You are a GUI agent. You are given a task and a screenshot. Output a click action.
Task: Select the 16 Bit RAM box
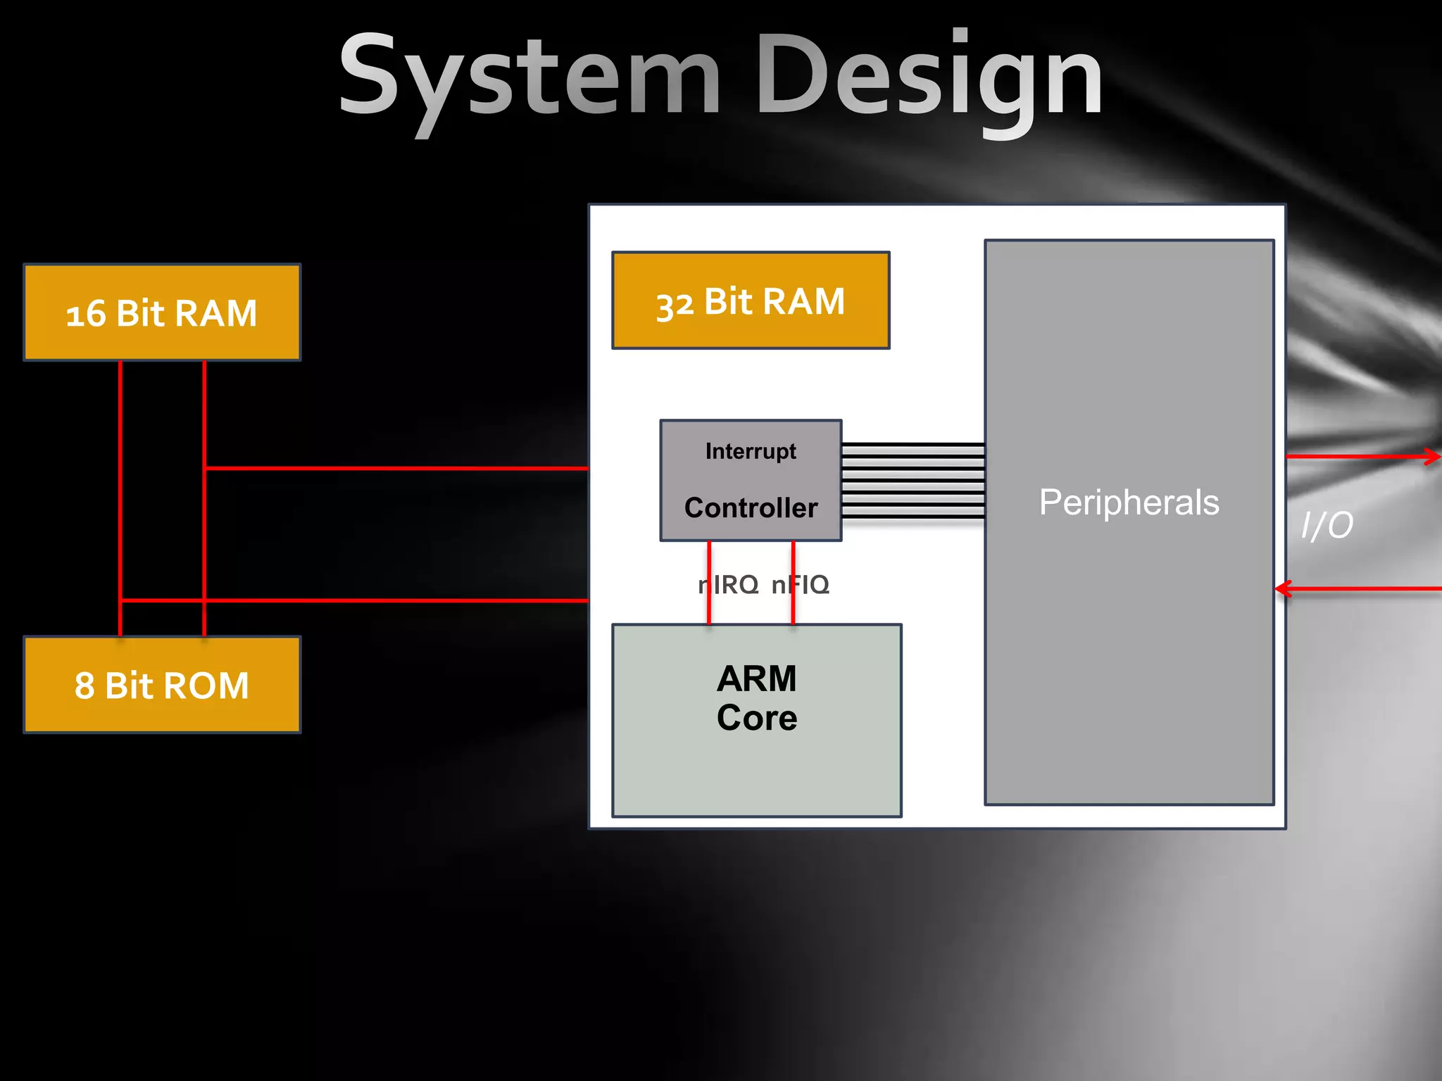[x=162, y=312]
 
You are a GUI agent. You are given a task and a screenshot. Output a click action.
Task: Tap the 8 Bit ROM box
[x=162, y=685]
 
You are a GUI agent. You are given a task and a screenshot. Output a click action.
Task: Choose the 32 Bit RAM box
[x=751, y=301]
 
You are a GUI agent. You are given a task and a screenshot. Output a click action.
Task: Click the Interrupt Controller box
[x=751, y=480]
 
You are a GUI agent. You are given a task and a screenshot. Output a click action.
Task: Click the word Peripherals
[x=1129, y=502]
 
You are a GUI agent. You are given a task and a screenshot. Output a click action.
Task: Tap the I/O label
[x=1327, y=525]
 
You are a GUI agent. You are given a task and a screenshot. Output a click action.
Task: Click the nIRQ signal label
[x=729, y=584]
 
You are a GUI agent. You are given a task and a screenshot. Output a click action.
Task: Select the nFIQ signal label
[x=801, y=584]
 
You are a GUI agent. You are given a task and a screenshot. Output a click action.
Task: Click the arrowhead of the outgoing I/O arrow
[x=1433, y=457]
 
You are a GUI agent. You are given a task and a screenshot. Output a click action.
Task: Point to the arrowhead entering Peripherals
[x=1283, y=588]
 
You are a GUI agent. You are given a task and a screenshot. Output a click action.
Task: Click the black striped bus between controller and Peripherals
[x=913, y=481]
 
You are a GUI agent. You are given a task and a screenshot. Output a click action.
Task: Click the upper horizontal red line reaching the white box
[x=394, y=467]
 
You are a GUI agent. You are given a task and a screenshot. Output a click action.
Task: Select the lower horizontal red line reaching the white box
[x=394, y=600]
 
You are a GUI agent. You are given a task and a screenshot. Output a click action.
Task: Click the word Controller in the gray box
[x=751, y=508]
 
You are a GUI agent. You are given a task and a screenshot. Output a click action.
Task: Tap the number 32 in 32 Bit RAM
[x=675, y=305]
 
